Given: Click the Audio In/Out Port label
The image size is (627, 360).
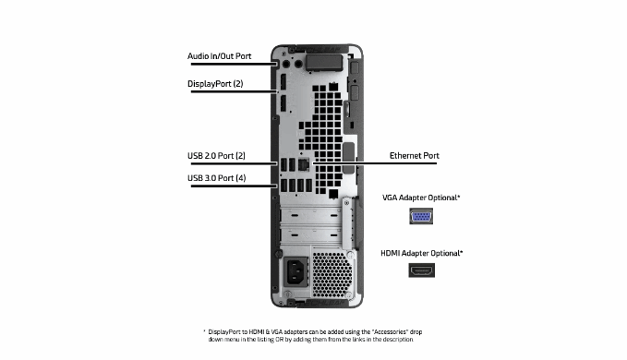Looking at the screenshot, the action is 219,56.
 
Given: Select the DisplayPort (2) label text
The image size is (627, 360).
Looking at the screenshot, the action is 215,84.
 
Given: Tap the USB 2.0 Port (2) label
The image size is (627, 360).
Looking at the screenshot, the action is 216,156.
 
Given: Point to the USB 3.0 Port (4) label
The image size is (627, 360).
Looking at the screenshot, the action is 217,178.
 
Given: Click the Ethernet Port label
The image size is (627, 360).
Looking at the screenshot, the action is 415,155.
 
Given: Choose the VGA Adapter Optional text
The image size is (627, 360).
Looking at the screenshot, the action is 421,198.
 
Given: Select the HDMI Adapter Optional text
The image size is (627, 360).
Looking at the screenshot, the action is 421,253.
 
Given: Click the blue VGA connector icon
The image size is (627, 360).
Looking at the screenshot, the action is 421,216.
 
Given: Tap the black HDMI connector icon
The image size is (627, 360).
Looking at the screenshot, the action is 421,270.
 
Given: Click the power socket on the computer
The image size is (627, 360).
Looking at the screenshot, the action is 295,271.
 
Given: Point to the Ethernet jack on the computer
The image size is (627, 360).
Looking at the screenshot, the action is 304,164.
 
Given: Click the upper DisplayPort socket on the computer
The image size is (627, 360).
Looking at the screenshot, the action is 283,82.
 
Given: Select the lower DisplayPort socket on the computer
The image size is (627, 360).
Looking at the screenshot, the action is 283,104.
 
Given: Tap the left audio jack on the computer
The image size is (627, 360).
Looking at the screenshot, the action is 286,64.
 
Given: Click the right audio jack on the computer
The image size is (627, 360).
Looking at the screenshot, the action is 298,64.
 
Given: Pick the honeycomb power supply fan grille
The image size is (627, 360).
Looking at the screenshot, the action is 332,274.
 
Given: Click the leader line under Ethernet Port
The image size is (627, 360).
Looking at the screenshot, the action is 375,163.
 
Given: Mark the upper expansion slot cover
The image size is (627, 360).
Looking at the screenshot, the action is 311,216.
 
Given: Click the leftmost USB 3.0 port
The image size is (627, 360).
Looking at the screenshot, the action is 283,186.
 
